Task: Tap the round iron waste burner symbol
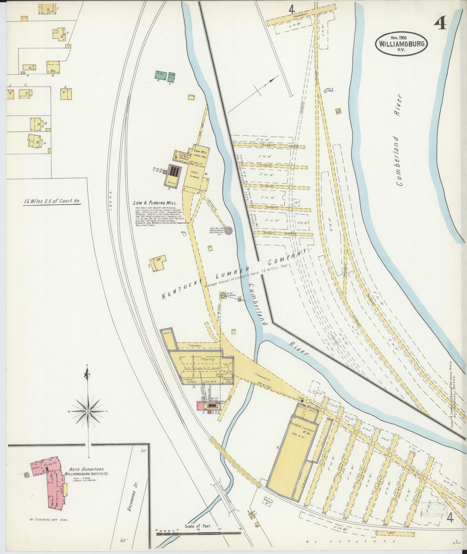pyautogui.click(x=229, y=231)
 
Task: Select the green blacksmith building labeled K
pyautogui.click(x=160, y=74)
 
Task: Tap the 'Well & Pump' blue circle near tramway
pyautogui.click(x=325, y=91)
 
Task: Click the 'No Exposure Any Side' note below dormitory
pyautogui.click(x=49, y=520)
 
